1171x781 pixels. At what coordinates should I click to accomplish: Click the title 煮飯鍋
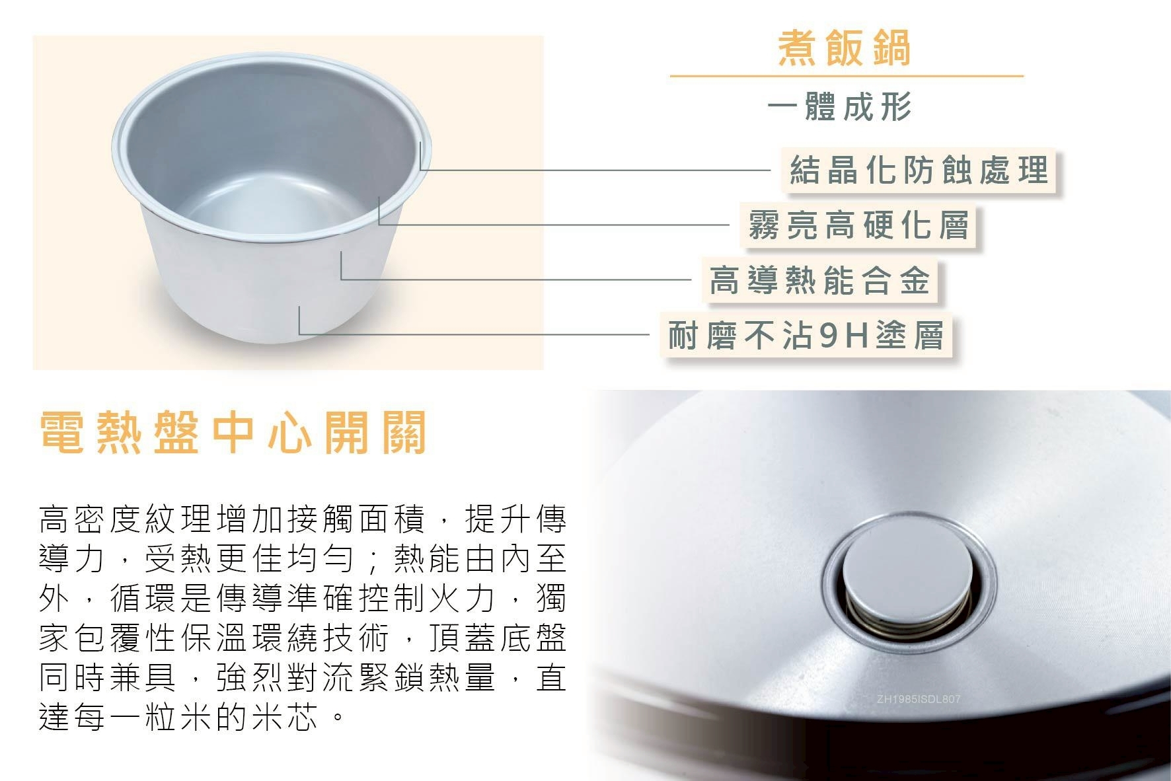845,48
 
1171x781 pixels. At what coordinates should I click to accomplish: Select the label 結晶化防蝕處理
919,170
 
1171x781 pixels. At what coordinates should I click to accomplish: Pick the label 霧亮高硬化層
858,225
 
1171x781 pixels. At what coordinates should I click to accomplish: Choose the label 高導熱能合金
820,279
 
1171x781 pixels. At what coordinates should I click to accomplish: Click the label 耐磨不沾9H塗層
806,334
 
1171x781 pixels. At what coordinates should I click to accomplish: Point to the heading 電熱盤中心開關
233,432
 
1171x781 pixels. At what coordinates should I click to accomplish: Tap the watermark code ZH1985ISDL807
918,699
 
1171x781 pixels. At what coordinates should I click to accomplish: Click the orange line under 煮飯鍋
847,76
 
